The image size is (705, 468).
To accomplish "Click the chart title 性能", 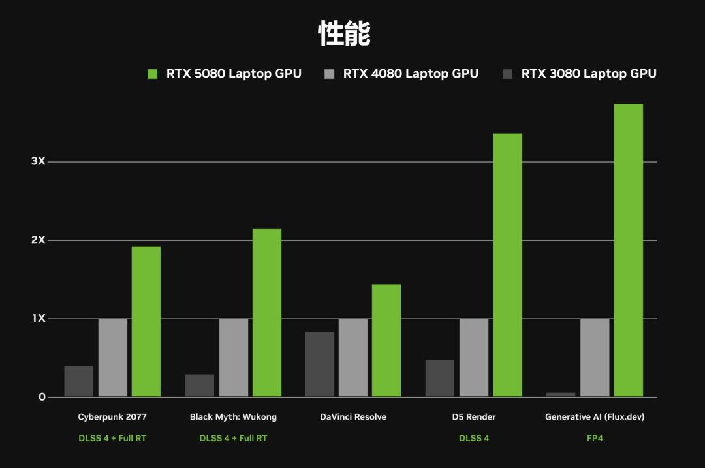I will (345, 34).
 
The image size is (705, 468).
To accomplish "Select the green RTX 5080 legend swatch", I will (153, 74).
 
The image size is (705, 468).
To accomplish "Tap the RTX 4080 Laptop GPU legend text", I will (411, 74).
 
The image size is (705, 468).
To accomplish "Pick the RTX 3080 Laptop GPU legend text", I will (588, 74).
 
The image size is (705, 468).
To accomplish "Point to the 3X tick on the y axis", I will (38, 161).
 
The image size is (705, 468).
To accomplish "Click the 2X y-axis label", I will (38, 240).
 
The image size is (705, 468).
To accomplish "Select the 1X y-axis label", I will (38, 319).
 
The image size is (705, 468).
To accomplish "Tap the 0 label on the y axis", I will (42, 397).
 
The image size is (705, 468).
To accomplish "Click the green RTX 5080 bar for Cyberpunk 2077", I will (146, 321).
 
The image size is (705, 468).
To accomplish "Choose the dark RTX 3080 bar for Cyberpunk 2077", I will (78, 381).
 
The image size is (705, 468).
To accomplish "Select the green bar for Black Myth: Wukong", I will (266, 313).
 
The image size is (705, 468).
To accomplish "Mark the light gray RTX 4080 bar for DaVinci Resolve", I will (352, 358).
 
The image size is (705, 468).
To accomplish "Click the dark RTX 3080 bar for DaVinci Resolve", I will (319, 364).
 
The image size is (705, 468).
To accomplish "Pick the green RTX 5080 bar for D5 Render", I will (507, 265).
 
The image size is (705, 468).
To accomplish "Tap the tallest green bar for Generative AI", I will (628, 250).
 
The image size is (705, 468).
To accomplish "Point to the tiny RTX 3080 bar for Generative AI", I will (561, 394).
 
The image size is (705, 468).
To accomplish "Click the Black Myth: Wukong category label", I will (233, 417).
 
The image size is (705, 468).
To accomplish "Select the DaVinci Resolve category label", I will (353, 417).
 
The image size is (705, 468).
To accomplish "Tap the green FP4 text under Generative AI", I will (595, 438).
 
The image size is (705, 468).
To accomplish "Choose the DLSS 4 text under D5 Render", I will (474, 438).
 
